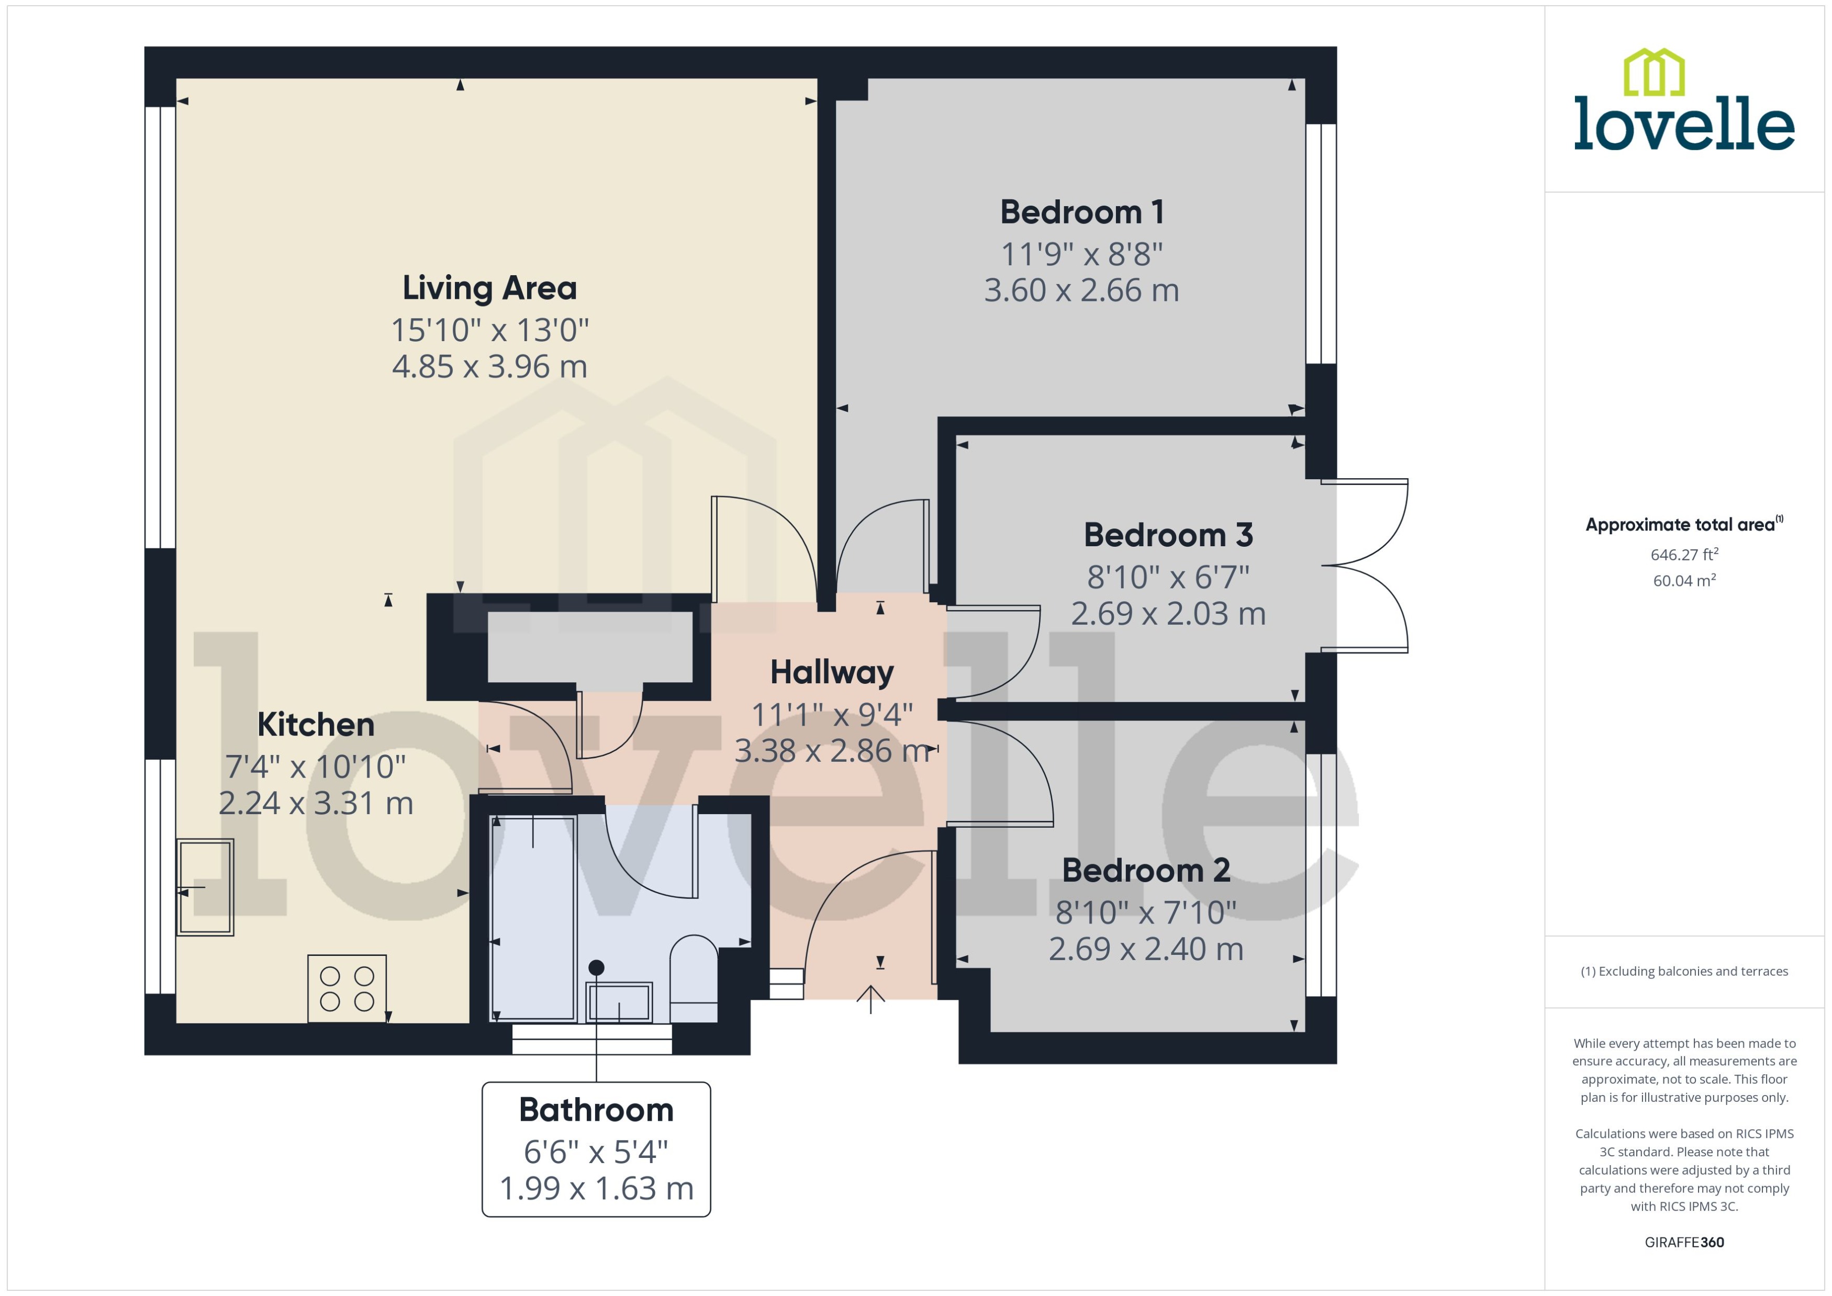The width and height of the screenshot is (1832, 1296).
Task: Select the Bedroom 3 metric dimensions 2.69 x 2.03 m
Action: pyautogui.click(x=1167, y=614)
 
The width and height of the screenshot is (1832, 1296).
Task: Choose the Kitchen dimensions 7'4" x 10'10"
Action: pyautogui.click(x=315, y=767)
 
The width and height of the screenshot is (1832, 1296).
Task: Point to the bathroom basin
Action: pyautogui.click(x=619, y=1002)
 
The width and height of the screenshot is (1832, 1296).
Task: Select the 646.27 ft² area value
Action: pyautogui.click(x=1683, y=555)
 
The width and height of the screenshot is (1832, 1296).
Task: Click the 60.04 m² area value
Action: pyautogui.click(x=1683, y=581)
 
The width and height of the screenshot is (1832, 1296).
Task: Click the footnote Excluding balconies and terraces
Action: pyautogui.click(x=1683, y=971)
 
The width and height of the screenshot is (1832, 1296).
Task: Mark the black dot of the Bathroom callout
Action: pyautogui.click(x=596, y=967)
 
